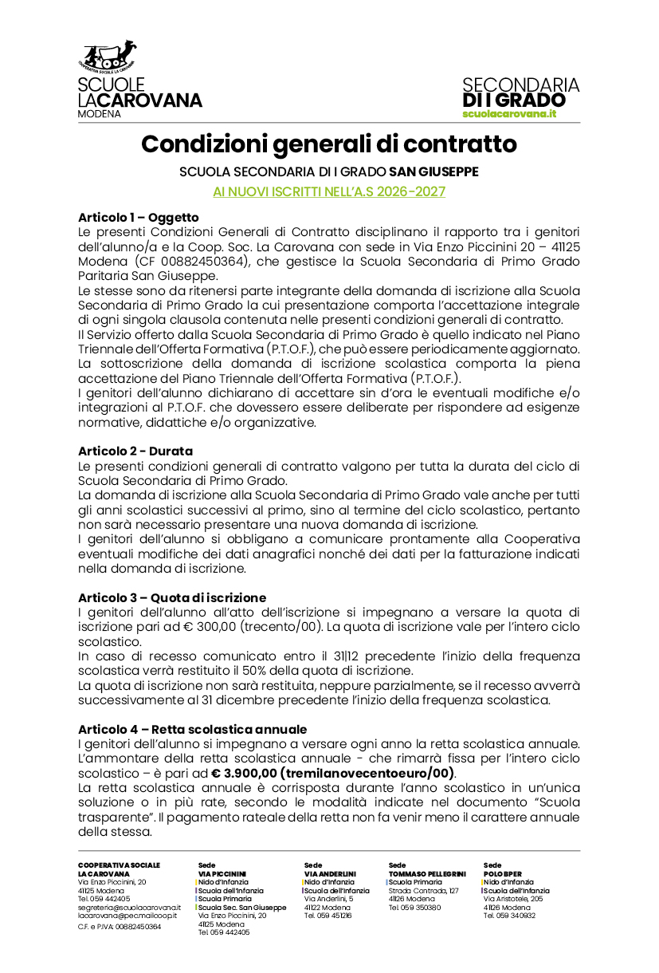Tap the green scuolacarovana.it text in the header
pos(509,114)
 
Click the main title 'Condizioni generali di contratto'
pos(329,144)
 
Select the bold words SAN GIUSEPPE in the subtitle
pos(433,171)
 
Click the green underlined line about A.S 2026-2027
pos(329,191)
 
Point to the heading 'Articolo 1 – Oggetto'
pos(139,217)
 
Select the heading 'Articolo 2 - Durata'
pos(135,451)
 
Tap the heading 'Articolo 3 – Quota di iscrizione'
pos(172,597)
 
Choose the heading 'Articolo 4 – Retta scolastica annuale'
pos(192,729)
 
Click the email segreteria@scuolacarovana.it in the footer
pos(129,908)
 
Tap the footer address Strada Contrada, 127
pos(424,890)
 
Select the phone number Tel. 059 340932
pos(509,916)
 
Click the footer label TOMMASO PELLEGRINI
pos(427,873)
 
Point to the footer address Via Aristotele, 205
pos(513,899)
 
